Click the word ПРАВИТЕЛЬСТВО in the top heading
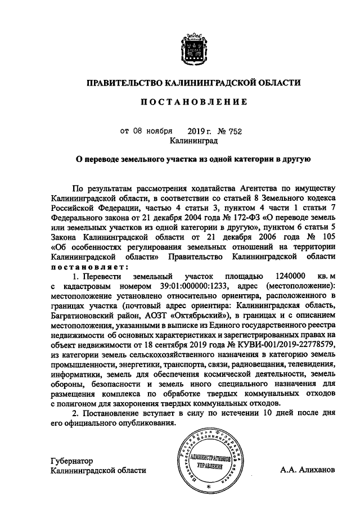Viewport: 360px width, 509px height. click(123, 83)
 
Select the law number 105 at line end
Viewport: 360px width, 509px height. click(327, 237)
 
